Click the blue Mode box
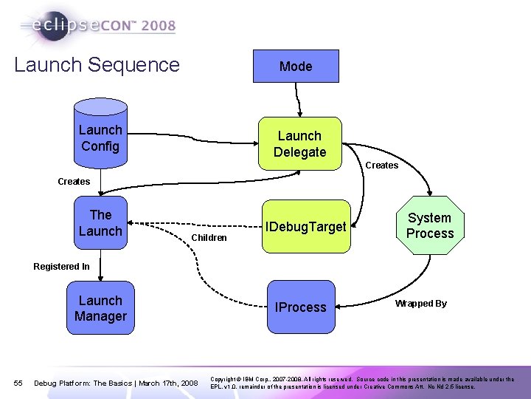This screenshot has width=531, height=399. [296, 66]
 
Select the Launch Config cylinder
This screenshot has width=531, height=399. [101, 137]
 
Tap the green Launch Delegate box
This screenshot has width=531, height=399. [299, 144]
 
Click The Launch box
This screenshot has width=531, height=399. [101, 222]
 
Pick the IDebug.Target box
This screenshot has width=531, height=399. [307, 227]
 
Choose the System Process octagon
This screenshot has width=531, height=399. [429, 225]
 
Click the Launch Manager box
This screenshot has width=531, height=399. [101, 308]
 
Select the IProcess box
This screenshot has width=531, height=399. [300, 307]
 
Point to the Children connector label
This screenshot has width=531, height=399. [209, 238]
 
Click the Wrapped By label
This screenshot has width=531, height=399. [420, 304]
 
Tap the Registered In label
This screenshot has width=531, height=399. [61, 267]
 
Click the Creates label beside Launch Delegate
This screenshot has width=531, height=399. [381, 166]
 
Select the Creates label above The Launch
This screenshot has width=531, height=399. [74, 181]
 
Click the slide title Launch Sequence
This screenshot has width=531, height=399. [97, 64]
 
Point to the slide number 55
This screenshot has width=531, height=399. [18, 383]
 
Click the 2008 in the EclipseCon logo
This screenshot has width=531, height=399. [159, 27]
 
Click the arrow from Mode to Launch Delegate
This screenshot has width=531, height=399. [298, 100]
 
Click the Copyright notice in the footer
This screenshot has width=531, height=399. [362, 382]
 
